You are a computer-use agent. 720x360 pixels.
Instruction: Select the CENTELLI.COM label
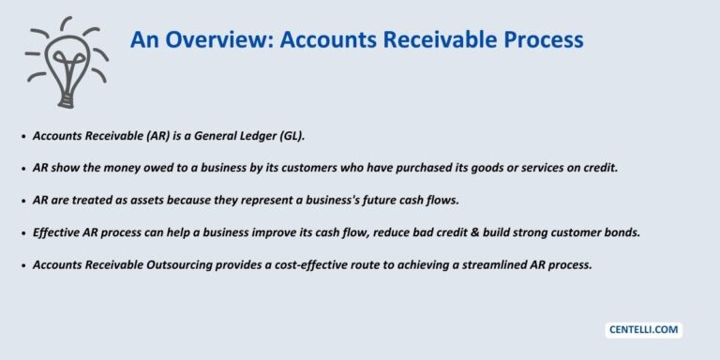tap(643, 330)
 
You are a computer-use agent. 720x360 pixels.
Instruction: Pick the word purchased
tap(417, 168)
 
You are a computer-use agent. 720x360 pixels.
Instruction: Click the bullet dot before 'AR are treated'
tap(23, 202)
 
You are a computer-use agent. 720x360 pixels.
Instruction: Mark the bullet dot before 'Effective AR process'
tap(23, 233)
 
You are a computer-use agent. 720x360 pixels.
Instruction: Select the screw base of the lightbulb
tap(67, 100)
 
